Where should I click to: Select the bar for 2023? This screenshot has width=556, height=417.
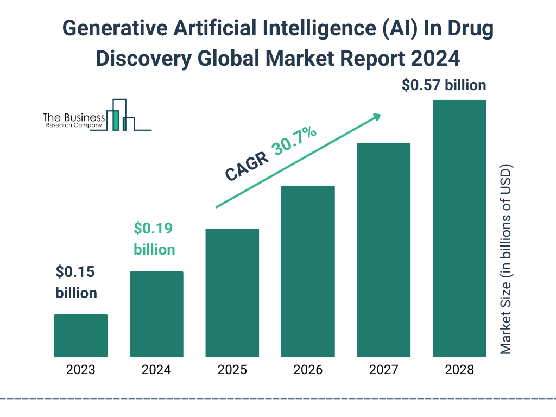pos(81,336)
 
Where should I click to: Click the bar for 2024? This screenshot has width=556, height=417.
pos(156,314)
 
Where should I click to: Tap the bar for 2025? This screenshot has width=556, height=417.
pos(232,293)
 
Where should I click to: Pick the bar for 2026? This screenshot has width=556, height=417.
pos(308,271)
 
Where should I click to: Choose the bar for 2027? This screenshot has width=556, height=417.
pos(383,250)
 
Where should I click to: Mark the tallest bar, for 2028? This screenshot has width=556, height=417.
pos(459,229)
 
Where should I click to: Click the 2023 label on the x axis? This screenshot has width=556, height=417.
pos(81,370)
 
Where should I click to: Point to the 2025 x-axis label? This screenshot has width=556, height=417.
pos(232,370)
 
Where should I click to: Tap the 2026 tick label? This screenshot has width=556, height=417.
pos(308,370)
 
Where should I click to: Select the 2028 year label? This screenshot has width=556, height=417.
pos(459,370)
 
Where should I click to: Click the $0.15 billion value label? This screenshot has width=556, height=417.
pos(77,282)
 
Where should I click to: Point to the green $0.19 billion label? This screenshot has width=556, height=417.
pos(154,239)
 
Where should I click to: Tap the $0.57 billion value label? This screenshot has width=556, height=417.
pos(444,85)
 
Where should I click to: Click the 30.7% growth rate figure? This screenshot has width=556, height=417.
pos(295,141)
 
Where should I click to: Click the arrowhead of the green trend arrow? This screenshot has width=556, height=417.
pos(376,117)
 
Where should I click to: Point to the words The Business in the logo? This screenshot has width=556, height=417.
pos(74,118)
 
